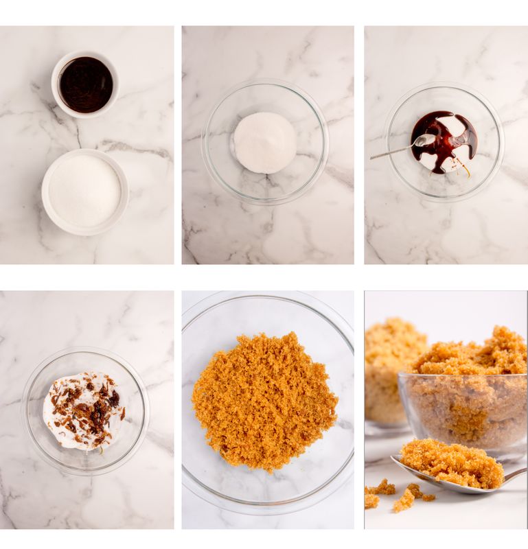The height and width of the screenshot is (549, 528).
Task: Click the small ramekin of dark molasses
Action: click(x=85, y=84)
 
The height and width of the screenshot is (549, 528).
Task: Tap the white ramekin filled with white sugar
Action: click(x=84, y=190)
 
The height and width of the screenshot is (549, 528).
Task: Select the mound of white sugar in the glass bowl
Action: click(x=264, y=142)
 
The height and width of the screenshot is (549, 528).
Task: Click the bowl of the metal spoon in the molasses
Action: click(x=424, y=141)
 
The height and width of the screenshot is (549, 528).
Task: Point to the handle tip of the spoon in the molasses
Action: click(x=373, y=159)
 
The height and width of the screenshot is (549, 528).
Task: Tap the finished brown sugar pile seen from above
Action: click(x=264, y=401)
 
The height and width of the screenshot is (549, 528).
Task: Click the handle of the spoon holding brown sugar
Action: click(x=514, y=474)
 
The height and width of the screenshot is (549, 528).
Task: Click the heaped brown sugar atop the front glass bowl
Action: click(x=474, y=353)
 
